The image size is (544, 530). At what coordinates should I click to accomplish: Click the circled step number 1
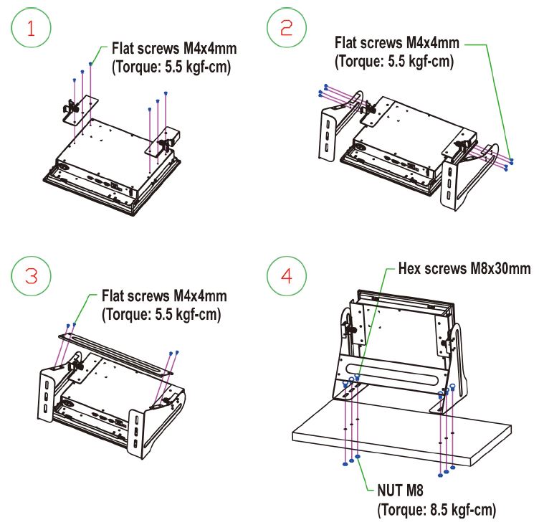coord(31,28)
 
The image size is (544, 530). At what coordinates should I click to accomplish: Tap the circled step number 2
coord(286,28)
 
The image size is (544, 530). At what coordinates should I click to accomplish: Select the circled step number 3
coord(31,276)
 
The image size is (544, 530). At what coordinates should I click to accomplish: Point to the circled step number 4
coord(286,276)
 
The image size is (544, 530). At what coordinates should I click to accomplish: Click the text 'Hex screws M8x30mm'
coord(464,268)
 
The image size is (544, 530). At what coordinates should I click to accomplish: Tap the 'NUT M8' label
coord(400,491)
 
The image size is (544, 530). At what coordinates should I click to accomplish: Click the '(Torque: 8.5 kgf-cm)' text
coord(436,510)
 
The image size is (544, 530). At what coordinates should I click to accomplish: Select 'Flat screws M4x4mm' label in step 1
coord(174,48)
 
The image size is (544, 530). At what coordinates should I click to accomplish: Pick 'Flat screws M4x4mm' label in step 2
coord(397,42)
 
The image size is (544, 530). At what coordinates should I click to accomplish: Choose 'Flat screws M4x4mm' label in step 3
coord(164,295)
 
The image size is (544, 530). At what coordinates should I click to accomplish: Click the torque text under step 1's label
coord(171,67)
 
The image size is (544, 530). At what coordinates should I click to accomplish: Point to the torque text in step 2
coord(394,62)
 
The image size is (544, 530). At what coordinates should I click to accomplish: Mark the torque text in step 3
coord(161,315)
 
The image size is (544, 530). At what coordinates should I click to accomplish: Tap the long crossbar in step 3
coord(115,354)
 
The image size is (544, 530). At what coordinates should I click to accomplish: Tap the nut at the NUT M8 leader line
coord(358,456)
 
